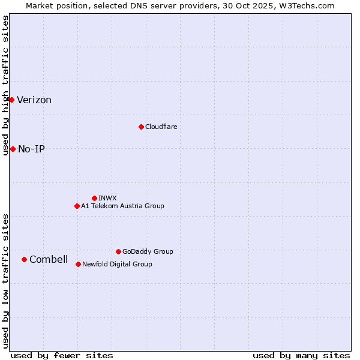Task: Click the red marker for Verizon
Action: point(11,100)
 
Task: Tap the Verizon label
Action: point(34,100)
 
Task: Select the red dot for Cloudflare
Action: point(141,127)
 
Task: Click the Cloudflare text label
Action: point(161,127)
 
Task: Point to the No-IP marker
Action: point(13,149)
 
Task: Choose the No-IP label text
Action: point(31,149)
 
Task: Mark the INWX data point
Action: point(94,198)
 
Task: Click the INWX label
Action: point(107,198)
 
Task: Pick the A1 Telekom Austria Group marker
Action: point(77,206)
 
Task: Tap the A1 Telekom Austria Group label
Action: point(122,206)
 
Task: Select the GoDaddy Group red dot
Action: point(118,251)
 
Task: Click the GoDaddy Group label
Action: point(148,252)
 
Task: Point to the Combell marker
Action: point(24,259)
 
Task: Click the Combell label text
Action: point(49,260)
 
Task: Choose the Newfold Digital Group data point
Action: point(78,264)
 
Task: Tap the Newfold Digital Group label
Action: point(117,265)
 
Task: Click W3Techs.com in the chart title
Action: point(309,5)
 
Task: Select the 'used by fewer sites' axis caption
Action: point(62,355)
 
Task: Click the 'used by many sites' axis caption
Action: point(301,355)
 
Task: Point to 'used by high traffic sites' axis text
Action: point(5,85)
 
